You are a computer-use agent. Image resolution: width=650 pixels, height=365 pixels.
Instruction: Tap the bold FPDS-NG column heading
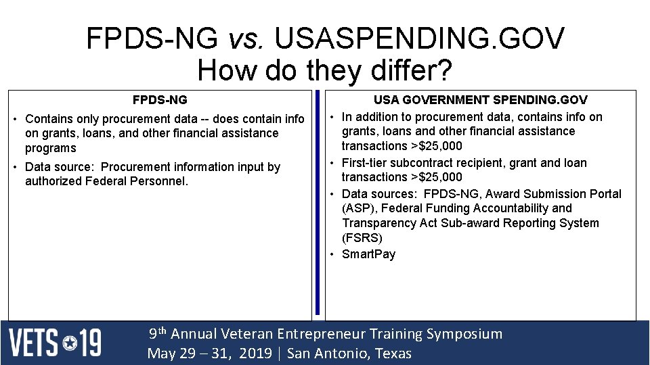pos(160,100)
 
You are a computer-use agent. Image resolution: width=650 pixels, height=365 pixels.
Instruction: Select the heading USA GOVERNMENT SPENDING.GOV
pos(481,100)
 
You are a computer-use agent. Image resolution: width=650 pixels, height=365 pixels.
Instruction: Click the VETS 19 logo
pos(55,343)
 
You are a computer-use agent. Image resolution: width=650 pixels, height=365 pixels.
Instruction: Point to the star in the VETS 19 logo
pos(70,344)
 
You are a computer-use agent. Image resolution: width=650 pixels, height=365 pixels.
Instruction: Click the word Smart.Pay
pos(368,254)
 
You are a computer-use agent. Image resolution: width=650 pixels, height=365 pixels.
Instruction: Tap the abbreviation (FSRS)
pos(362,238)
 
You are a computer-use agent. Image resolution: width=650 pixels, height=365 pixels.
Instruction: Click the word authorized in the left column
pos(53,181)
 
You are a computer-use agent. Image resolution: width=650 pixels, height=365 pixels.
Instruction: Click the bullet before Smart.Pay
pos(332,254)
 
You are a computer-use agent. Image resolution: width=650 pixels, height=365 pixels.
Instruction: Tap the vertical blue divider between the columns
pos(317,203)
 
